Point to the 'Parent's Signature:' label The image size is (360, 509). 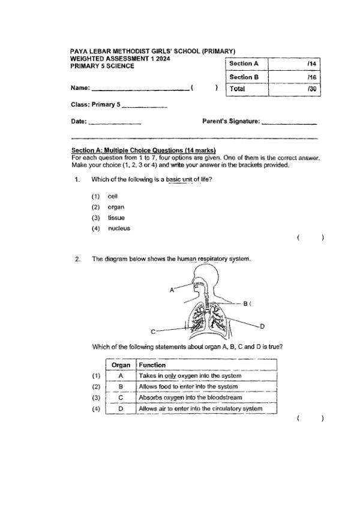(231, 122)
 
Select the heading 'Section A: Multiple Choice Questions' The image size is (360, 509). (143, 150)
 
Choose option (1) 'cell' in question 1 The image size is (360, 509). (113, 196)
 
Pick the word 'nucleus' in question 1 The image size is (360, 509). (119, 228)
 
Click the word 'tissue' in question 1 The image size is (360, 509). (116, 218)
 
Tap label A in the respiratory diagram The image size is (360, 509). (172, 290)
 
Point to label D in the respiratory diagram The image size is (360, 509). (262, 326)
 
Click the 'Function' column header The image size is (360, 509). (152, 365)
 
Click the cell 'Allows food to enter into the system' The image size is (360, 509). (188, 387)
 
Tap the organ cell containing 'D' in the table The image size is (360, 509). (121, 409)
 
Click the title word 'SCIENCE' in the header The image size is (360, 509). (119, 66)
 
